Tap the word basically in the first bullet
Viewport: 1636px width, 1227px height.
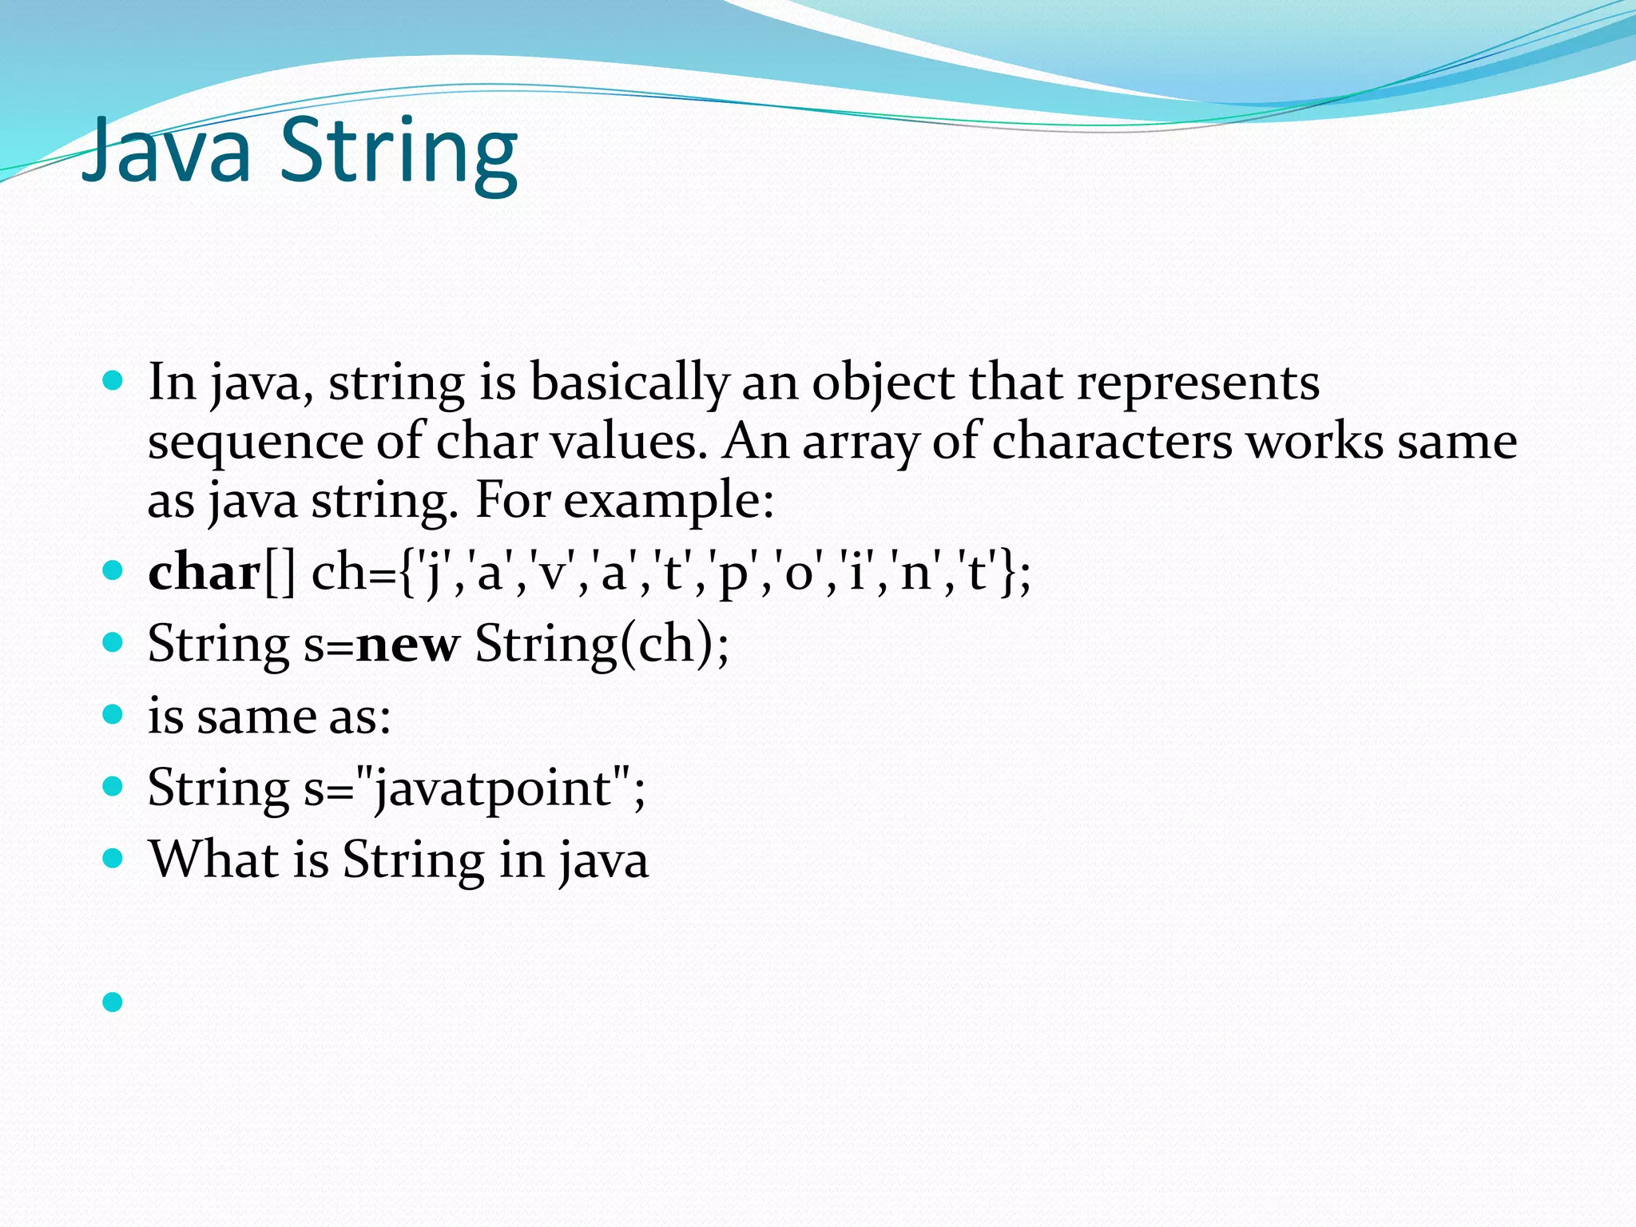[629, 383]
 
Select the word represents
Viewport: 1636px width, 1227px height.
[1198, 383]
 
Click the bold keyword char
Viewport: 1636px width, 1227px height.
[204, 573]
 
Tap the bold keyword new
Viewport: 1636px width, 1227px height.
[407, 644]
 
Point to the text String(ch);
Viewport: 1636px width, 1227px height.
[602, 644]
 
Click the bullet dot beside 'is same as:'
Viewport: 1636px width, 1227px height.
[113, 713]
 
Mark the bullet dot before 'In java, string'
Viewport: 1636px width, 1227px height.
[113, 379]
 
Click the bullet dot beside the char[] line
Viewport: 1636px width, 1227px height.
[113, 570]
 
